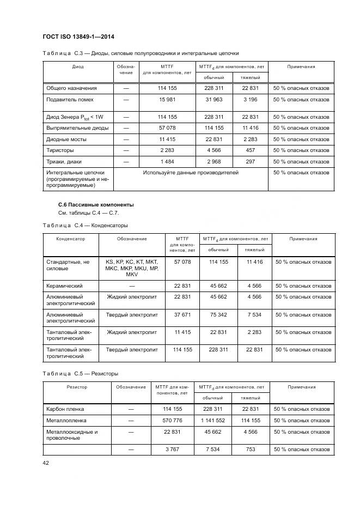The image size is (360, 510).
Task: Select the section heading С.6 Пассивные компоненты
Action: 88,204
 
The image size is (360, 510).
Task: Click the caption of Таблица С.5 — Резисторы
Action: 80,374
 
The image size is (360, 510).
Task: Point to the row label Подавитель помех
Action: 70,100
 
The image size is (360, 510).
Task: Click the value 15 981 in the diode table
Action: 167,100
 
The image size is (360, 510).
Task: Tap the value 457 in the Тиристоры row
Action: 251,150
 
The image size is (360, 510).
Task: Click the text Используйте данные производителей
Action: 191,173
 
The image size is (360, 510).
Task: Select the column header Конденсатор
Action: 71,239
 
